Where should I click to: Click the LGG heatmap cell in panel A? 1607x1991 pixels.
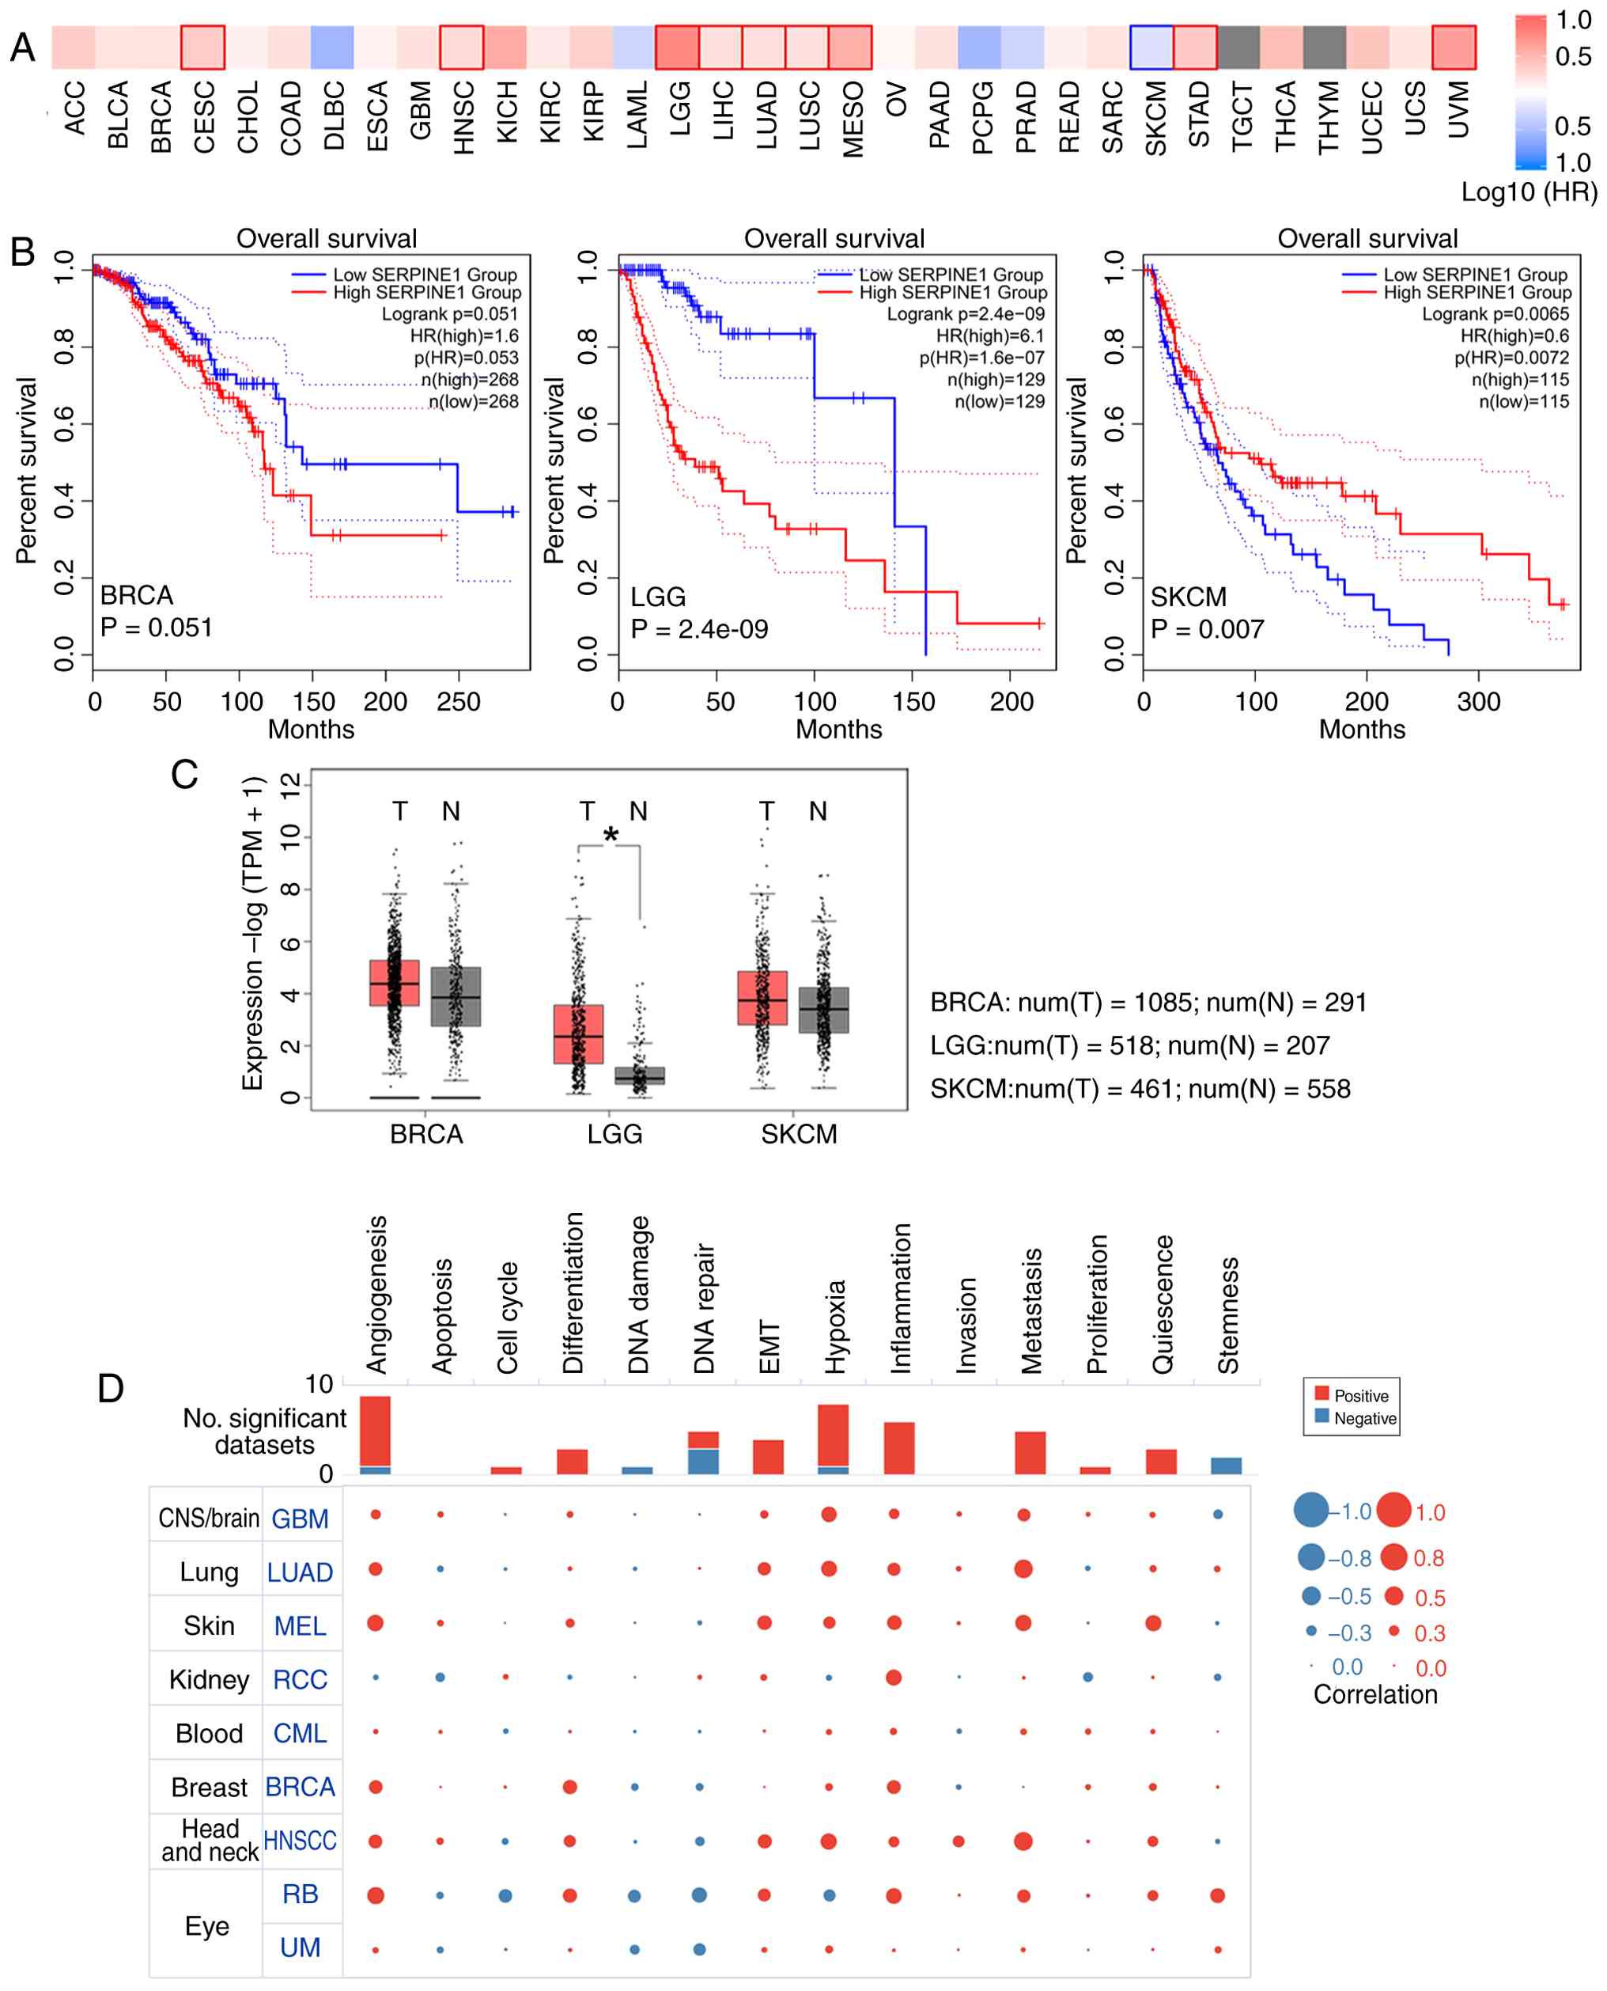click(677, 47)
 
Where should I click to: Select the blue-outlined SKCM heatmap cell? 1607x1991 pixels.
click(1151, 47)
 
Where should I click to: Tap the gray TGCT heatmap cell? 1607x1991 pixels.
click(1238, 47)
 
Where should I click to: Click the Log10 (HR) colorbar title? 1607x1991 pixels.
click(1529, 192)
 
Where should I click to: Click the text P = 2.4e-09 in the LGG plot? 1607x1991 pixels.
click(699, 630)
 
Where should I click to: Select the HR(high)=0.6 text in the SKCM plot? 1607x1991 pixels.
click(1514, 336)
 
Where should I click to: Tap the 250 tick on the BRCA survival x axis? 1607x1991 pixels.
click(458, 702)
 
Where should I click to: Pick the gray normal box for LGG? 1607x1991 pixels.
click(640, 1076)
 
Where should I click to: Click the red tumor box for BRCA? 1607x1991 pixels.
click(395, 983)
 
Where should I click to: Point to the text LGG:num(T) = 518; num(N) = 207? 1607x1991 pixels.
click(1129, 1045)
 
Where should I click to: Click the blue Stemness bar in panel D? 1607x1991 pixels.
click(1227, 1465)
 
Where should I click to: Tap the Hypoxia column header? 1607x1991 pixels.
click(835, 1326)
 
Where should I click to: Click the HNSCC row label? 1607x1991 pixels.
click(300, 1840)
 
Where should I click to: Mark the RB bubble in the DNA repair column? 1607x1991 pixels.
click(700, 1894)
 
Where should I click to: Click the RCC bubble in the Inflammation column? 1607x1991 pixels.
click(894, 1677)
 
